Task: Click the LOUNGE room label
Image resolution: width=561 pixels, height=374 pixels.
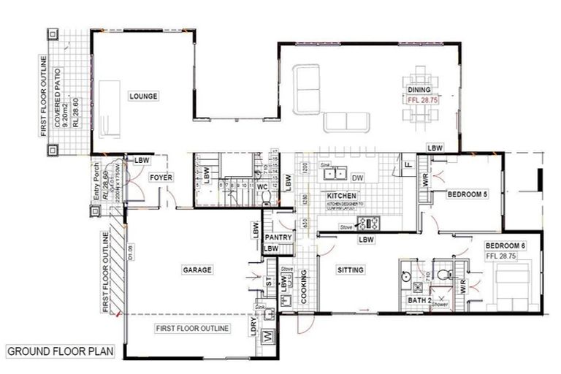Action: click(143, 96)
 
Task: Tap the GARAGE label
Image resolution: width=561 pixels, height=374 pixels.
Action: click(196, 270)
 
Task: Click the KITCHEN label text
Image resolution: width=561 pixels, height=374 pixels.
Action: click(341, 196)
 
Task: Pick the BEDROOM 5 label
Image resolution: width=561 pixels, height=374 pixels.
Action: click(467, 194)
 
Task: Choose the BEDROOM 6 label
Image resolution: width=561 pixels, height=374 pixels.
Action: click(504, 245)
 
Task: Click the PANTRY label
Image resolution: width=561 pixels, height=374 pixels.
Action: click(279, 237)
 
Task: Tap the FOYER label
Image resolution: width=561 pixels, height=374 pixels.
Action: click(160, 178)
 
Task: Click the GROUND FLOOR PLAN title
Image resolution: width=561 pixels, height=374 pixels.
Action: click(61, 351)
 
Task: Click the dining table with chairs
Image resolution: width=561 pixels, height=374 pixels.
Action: click(419, 96)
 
